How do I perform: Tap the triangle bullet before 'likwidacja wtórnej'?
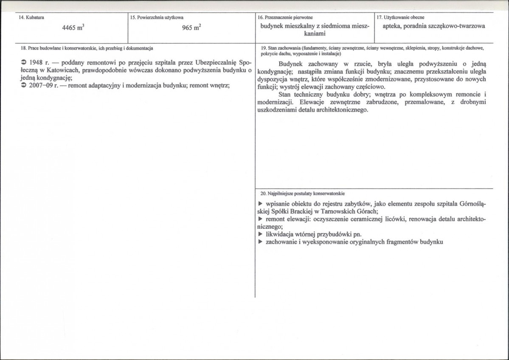[260, 234]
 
